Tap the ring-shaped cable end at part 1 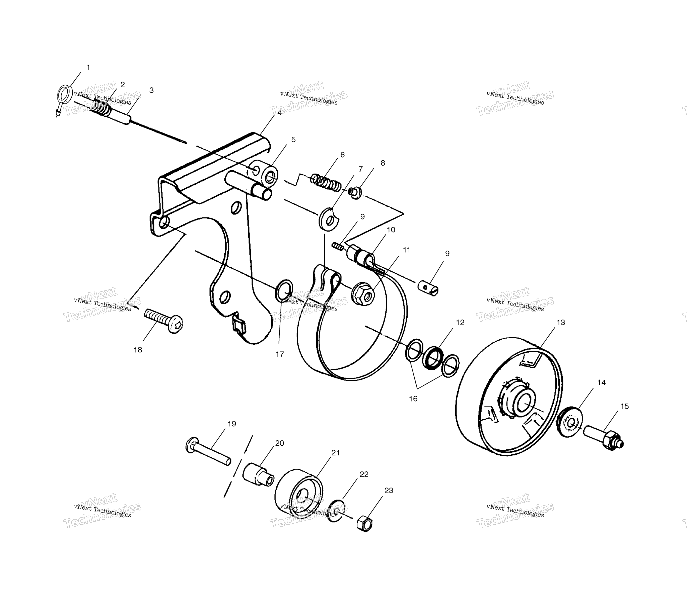[64, 94]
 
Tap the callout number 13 [561, 323]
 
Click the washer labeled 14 [569, 422]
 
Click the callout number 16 [413, 399]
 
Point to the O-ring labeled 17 [284, 291]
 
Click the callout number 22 [364, 474]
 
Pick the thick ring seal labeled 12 [434, 358]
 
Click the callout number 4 [279, 113]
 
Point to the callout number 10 [391, 230]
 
